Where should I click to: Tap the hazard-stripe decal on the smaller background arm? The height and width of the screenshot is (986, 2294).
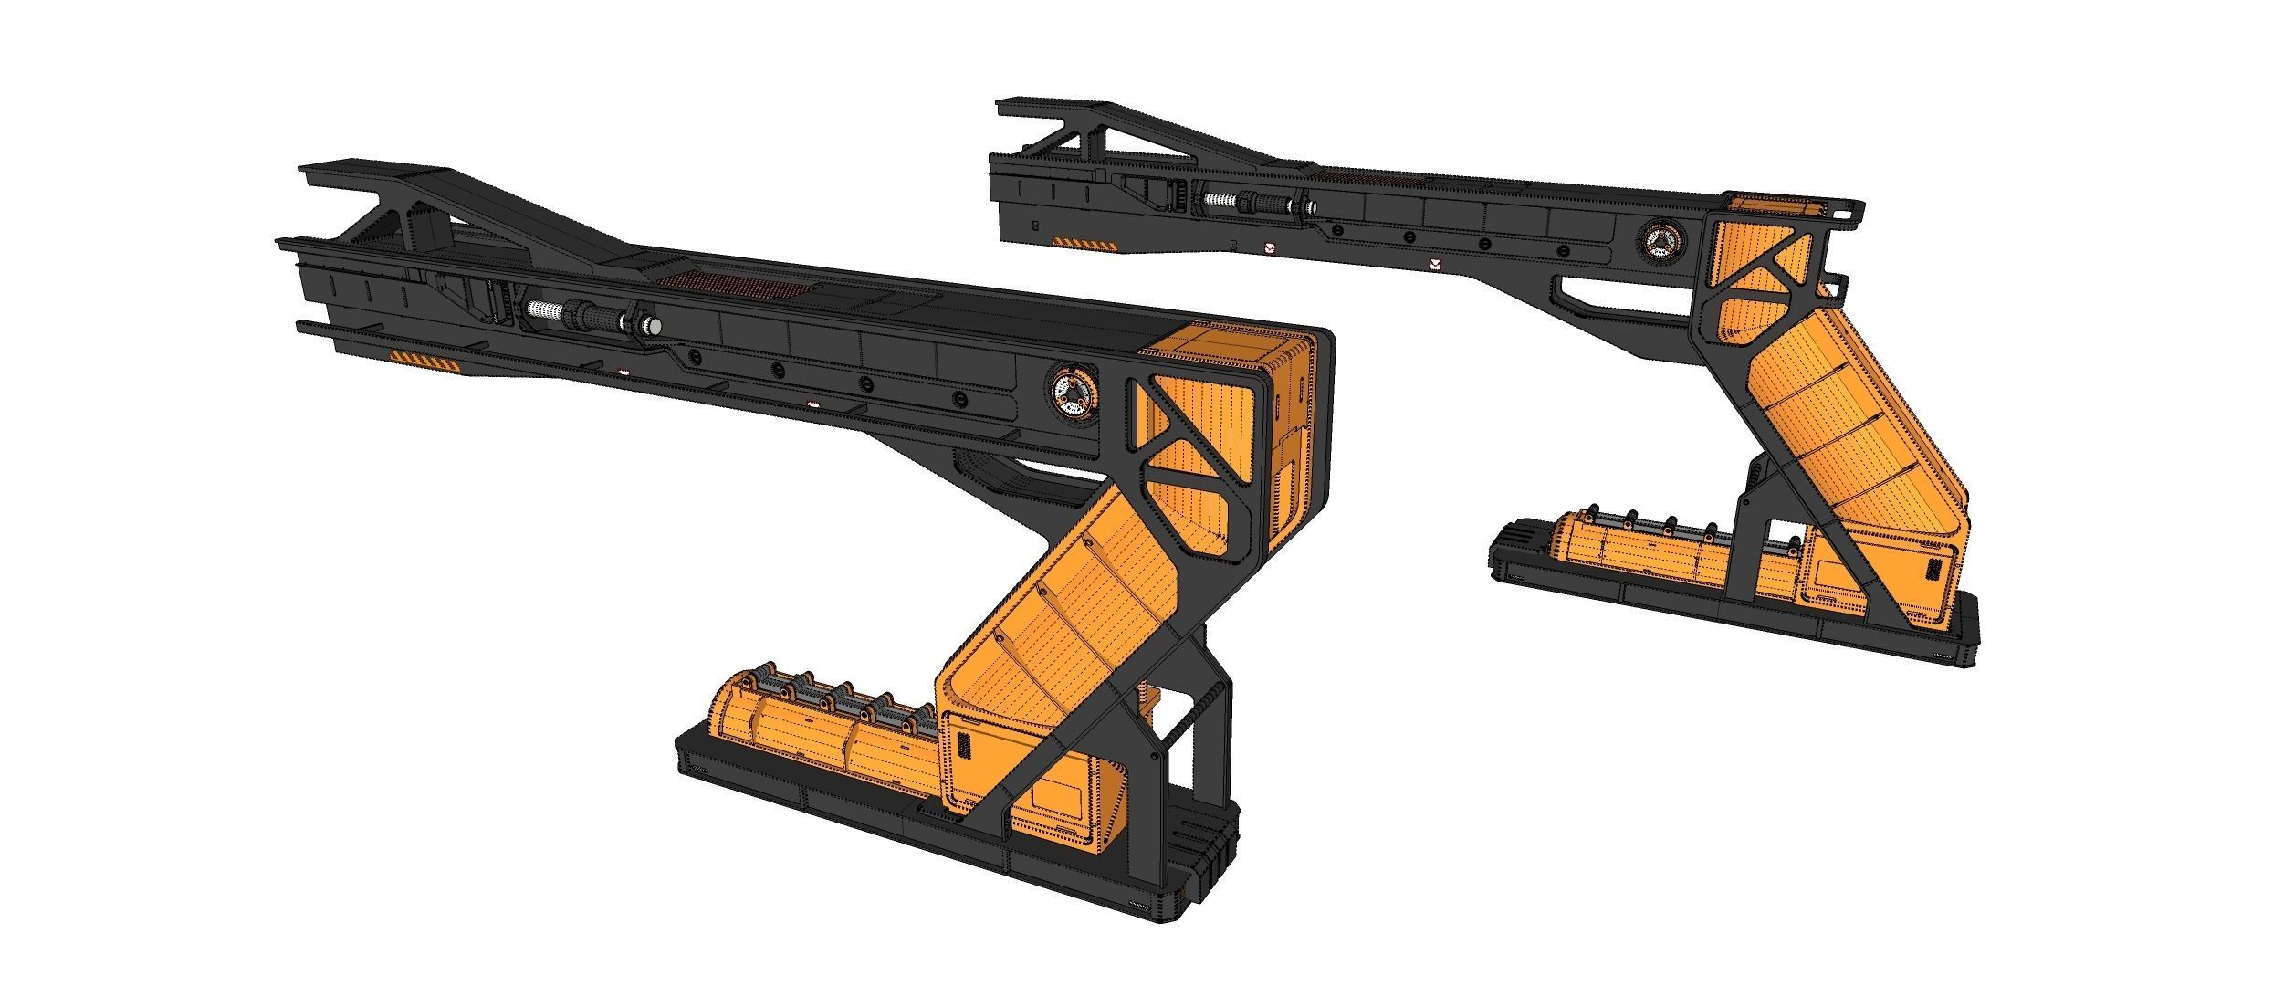pos(1085,244)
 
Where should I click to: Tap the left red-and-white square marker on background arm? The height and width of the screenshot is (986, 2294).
pos(1269,247)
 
